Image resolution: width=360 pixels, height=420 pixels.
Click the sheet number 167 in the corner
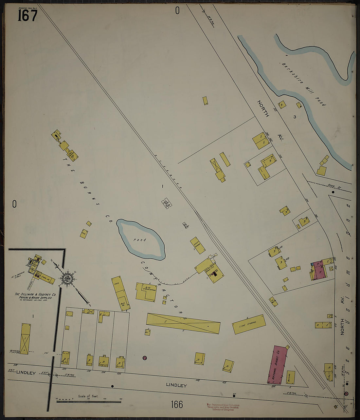tap(27, 15)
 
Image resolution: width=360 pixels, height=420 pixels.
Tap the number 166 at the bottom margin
tap(177, 405)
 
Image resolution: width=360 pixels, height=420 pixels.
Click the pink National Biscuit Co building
tap(277, 365)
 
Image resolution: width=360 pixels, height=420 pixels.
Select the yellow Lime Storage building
tap(249, 324)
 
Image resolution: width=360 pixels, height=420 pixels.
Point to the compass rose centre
tap(68, 279)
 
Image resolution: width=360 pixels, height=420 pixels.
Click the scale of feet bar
tap(88, 401)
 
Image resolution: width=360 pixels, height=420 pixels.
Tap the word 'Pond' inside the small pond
tap(139, 240)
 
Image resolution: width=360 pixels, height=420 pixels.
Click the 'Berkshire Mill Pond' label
tap(303, 84)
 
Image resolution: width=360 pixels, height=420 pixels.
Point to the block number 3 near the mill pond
tap(295, 117)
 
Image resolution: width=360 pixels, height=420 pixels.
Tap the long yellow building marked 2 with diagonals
tap(183, 323)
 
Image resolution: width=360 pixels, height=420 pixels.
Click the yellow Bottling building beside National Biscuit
tap(290, 377)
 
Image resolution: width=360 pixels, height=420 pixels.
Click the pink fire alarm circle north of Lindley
tap(144, 357)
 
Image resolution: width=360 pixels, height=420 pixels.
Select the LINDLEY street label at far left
tap(26, 372)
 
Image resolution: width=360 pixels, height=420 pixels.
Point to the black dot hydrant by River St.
tap(333, 192)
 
